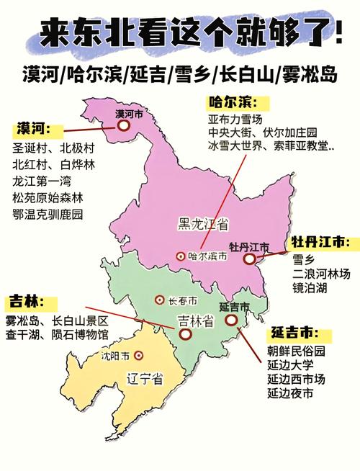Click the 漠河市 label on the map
[x=130, y=113]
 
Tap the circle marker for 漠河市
[x=124, y=125]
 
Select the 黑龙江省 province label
[x=204, y=225]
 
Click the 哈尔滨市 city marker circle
[x=180, y=256]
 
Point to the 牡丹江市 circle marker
[x=249, y=259]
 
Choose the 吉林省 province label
[x=196, y=320]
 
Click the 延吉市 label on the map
[x=234, y=307]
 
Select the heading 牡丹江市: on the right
[x=321, y=243]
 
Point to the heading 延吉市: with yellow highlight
[x=294, y=333]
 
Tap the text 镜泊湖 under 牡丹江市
[x=310, y=288]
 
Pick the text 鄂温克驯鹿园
[x=48, y=214]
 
